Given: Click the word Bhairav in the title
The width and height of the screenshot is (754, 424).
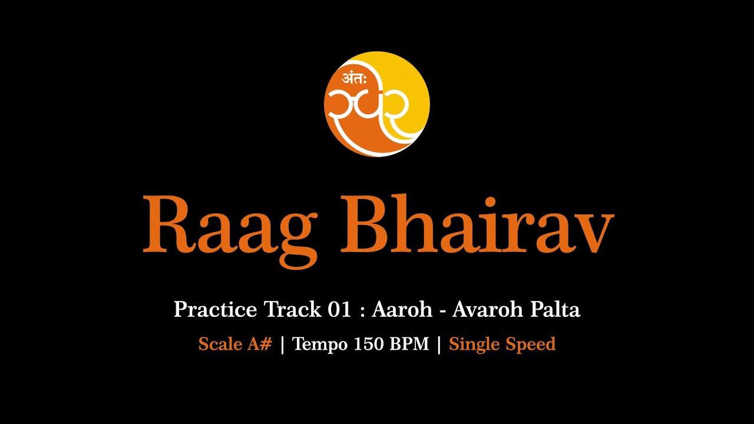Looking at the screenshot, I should (477, 224).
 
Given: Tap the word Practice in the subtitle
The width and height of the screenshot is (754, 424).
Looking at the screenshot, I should (215, 309).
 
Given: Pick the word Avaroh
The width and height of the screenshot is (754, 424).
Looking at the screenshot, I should (487, 309).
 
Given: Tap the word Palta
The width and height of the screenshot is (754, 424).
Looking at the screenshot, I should (554, 309).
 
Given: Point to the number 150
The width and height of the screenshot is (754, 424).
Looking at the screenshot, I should (369, 344).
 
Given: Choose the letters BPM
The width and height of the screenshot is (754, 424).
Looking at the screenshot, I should (409, 344).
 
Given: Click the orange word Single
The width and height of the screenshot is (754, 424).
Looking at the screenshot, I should (473, 344).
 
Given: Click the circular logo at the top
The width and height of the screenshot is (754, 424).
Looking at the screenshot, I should (377, 104).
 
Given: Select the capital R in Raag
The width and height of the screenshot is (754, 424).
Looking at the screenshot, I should (166, 224).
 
